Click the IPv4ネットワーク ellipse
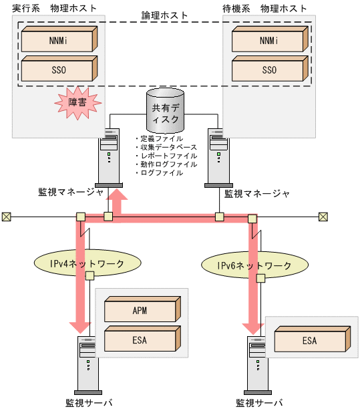click(x=79, y=263)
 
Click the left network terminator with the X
click(x=6, y=217)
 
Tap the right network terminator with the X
click(x=323, y=217)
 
